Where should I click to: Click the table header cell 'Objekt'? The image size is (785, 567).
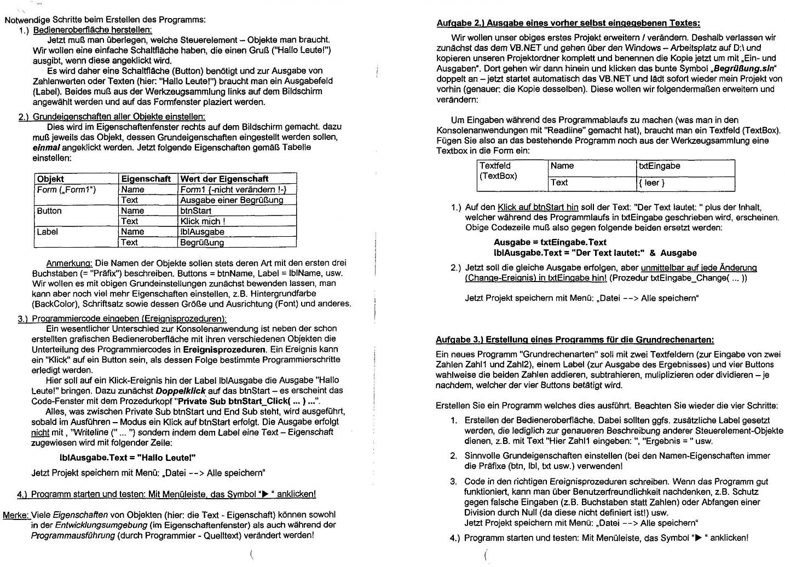pyautogui.click(x=50, y=179)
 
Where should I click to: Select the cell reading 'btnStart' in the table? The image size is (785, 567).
pyautogui.click(x=196, y=211)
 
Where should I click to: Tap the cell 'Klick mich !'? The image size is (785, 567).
pyautogui.click(x=203, y=221)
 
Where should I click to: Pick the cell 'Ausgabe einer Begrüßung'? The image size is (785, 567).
pyautogui.click(x=232, y=200)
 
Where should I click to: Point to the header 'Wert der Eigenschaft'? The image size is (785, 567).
pyautogui.click(x=224, y=179)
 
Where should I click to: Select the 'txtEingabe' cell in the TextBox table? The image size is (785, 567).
pyautogui.click(x=659, y=166)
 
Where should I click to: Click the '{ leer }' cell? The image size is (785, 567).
pyautogui.click(x=651, y=183)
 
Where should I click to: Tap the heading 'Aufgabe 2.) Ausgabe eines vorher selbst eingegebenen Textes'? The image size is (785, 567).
pyautogui.click(x=568, y=23)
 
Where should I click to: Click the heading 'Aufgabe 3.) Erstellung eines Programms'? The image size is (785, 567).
pyautogui.click(x=575, y=340)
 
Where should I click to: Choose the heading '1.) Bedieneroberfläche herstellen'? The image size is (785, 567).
pyautogui.click(x=93, y=30)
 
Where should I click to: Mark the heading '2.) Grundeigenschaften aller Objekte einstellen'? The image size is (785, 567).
pyautogui.click(x=112, y=116)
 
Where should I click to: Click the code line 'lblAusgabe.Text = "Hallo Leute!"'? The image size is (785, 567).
pyautogui.click(x=127, y=458)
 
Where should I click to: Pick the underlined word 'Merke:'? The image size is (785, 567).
pyautogui.click(x=16, y=515)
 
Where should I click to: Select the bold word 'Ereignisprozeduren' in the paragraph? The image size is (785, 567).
pyautogui.click(x=224, y=349)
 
